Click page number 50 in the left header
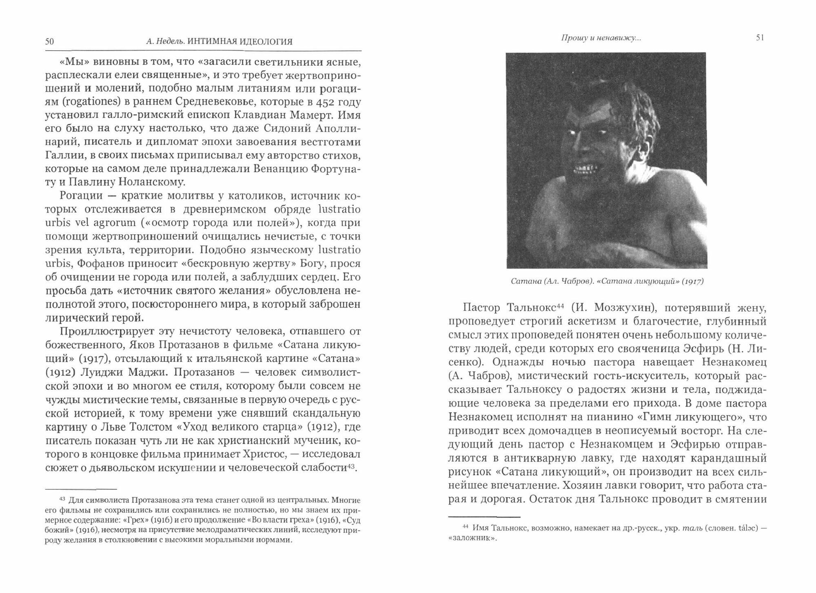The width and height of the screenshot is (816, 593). point(49,42)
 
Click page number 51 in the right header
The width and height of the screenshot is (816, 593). point(760,38)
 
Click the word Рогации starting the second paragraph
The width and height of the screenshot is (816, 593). point(81,196)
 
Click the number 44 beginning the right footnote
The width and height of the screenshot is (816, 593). point(466,526)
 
